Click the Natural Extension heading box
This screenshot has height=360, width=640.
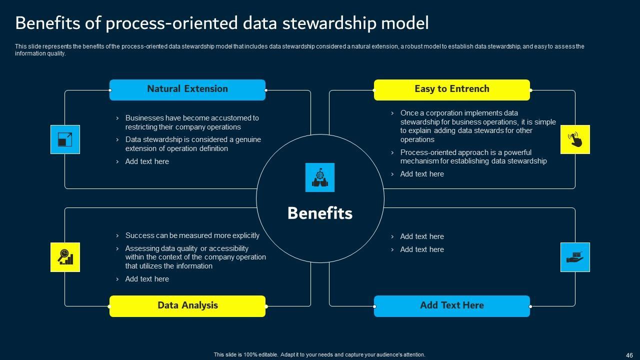click(x=187, y=89)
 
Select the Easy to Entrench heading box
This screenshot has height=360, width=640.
click(x=451, y=89)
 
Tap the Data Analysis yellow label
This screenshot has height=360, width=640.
click(x=187, y=305)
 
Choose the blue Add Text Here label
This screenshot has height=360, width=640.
click(x=451, y=305)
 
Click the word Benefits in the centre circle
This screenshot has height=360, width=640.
click(x=320, y=213)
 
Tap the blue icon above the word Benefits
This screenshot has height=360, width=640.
click(x=320, y=177)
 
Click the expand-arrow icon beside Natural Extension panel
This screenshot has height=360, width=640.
click(x=65, y=139)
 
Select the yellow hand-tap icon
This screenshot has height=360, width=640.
click(x=575, y=139)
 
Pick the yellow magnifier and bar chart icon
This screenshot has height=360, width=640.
click(x=65, y=257)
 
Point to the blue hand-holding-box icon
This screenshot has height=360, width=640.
click(x=575, y=257)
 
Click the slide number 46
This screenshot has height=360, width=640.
click(x=629, y=355)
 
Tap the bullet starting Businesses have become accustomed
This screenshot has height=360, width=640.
click(x=191, y=122)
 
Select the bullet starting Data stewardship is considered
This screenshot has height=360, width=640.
click(x=192, y=144)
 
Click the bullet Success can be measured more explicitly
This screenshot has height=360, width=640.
click(x=192, y=235)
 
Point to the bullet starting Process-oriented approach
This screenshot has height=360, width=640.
click(x=473, y=156)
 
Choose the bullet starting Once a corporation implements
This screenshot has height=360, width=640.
click(x=477, y=126)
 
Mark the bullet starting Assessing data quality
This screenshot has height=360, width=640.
click(x=195, y=257)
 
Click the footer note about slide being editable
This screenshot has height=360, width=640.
click(x=319, y=354)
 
